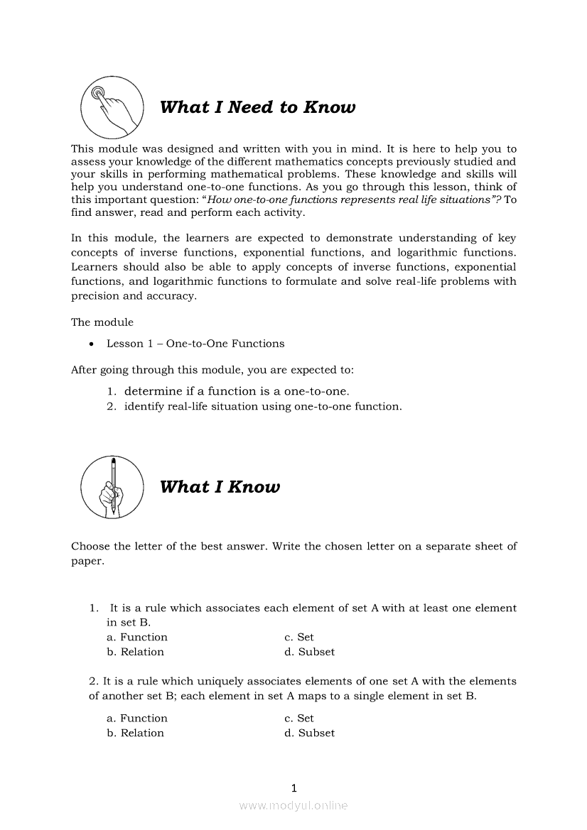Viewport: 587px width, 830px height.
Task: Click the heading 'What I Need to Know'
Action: [257, 107]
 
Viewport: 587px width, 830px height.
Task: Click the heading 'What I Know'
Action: [220, 486]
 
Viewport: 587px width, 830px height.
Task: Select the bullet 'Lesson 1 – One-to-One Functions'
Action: [195, 344]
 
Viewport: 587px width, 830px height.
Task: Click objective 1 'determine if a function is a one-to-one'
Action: [236, 391]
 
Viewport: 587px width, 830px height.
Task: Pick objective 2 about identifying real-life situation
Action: [262, 407]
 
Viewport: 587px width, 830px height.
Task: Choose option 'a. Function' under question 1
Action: [137, 637]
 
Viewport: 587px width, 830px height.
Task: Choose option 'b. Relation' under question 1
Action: [135, 652]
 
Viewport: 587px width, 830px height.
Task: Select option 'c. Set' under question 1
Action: [298, 637]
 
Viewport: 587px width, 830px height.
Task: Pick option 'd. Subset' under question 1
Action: [309, 652]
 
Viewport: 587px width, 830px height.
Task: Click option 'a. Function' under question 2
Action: [137, 718]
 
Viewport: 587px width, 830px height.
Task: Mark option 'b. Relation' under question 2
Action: [135, 733]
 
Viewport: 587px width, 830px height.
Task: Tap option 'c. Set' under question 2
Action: [298, 718]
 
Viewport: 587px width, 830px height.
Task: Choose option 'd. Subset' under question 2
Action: [309, 733]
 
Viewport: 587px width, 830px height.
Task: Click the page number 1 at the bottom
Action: [293, 787]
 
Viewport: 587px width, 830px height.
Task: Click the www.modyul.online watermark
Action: [293, 805]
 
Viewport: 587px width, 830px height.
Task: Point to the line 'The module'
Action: [102, 322]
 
